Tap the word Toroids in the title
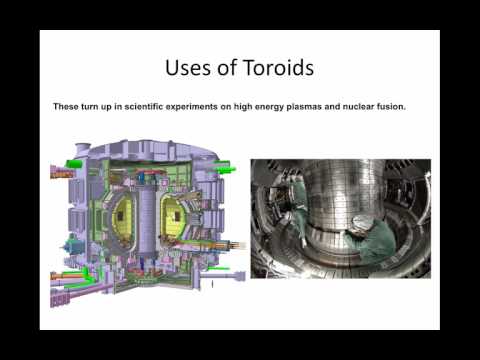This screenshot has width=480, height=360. [279, 69]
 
